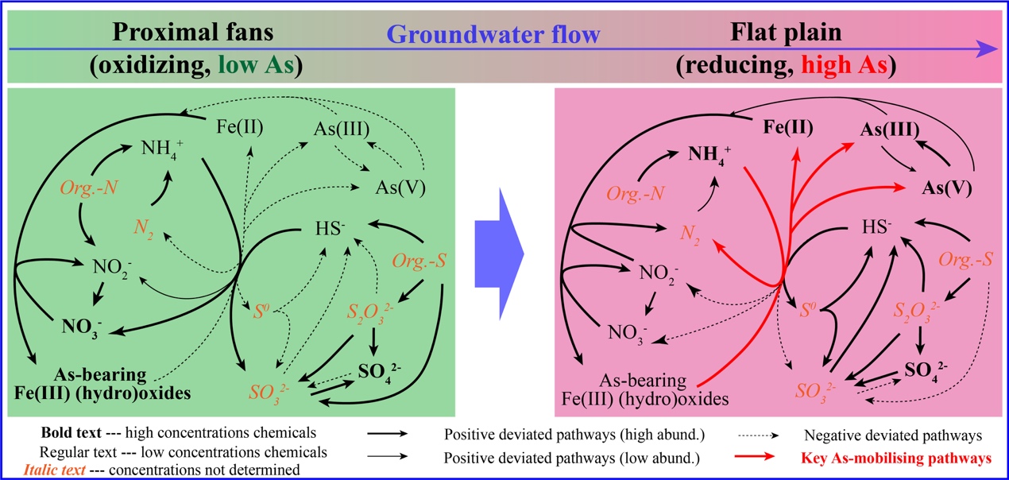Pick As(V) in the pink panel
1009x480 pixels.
949,188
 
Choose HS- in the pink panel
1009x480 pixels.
876,226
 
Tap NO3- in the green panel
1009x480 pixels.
80,325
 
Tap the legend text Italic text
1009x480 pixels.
51,469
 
